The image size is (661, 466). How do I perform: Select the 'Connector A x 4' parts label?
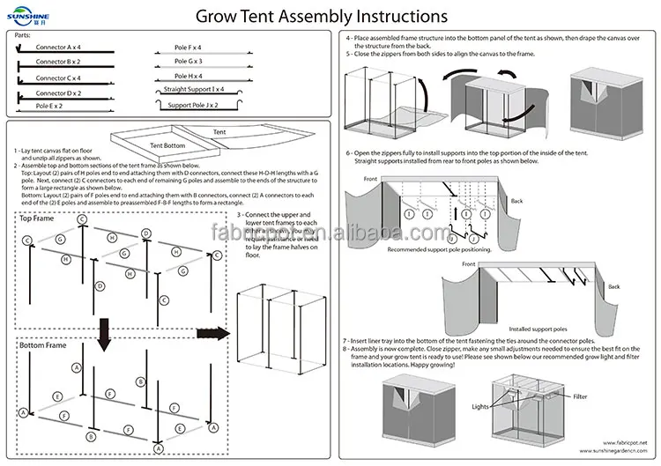59,48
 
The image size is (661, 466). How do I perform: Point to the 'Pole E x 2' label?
49,106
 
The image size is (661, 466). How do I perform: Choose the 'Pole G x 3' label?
188,61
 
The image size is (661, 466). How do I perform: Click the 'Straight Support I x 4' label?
194,90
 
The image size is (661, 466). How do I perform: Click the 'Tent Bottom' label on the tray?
167,144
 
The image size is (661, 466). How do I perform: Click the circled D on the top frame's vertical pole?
101,286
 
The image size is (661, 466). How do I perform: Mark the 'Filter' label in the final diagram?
579,397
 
